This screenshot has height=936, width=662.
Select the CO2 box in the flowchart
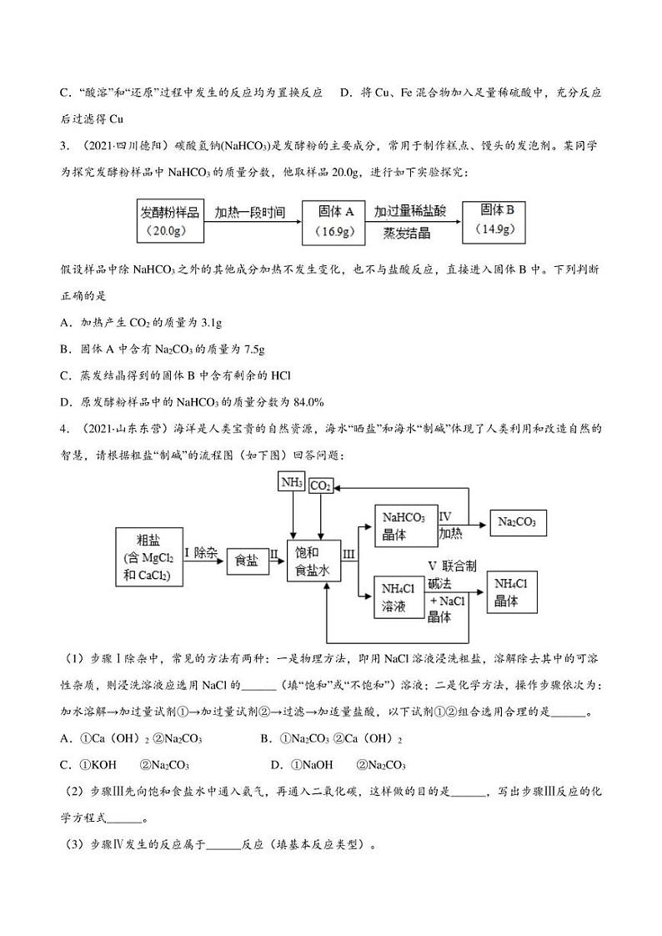[x=320, y=486]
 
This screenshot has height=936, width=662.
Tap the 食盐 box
[x=246, y=562]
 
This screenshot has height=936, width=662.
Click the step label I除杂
[x=200, y=551]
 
